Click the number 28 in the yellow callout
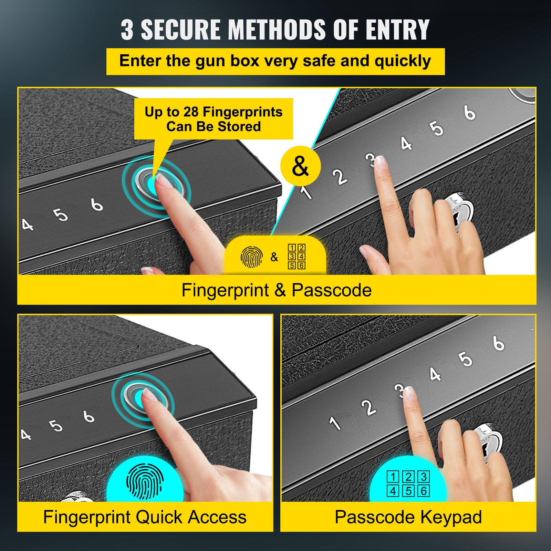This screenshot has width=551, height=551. (191, 112)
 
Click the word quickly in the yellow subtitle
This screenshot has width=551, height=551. (403, 61)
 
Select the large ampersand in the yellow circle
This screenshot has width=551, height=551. (300, 166)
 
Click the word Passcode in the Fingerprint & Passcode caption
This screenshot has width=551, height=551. (332, 290)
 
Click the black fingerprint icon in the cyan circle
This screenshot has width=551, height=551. (145, 481)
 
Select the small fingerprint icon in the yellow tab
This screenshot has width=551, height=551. (251, 257)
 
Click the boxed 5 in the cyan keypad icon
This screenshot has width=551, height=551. (408, 491)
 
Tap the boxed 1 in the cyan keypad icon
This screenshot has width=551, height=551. (393, 477)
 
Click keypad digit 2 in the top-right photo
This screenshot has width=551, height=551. (340, 177)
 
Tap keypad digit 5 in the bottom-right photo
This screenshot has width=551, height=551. (465, 359)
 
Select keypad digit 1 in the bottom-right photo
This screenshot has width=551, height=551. (335, 423)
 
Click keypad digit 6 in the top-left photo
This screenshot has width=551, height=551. (97, 204)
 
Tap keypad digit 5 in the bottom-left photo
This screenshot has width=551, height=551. (56, 426)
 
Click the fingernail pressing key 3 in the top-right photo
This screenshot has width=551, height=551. (380, 162)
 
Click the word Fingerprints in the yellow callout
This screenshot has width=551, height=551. (242, 112)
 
